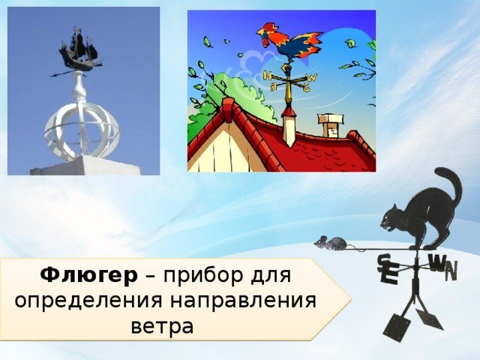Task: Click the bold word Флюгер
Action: tap(88, 276)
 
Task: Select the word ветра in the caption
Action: tap(162, 327)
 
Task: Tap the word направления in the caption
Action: tap(243, 301)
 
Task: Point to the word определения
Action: tap(88, 301)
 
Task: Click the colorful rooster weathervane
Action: tap(290, 43)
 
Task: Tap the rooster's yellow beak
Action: tap(259, 31)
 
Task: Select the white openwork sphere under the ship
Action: tap(82, 132)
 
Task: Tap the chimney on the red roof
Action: tap(329, 125)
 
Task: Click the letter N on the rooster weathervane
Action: tap(268, 75)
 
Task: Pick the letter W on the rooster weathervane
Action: tap(312, 78)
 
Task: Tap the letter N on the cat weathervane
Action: tap(451, 271)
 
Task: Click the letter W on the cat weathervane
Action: tap(436, 263)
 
